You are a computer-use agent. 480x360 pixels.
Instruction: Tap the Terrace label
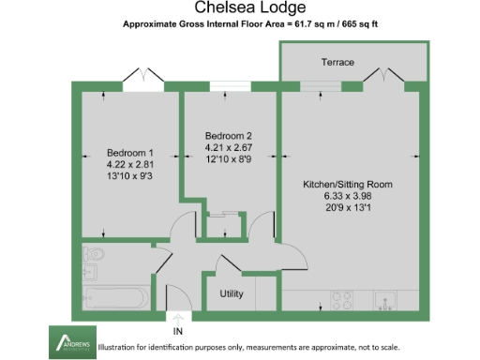[337, 62]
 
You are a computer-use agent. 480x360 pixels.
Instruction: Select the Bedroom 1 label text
[129, 153]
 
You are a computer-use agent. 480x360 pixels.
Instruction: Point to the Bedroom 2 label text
[229, 135]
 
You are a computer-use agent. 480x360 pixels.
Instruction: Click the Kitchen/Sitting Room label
[347, 184]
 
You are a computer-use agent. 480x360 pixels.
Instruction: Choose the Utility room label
[232, 294]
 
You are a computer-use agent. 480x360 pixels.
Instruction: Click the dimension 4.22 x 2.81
[129, 165]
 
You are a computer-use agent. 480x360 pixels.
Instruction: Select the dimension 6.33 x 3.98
[347, 197]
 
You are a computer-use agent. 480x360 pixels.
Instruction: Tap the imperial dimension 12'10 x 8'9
[229, 159]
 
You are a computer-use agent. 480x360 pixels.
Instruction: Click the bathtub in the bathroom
[113, 298]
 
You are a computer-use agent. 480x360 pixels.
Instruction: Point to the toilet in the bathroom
[94, 256]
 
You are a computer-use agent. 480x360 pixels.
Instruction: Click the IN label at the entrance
[178, 331]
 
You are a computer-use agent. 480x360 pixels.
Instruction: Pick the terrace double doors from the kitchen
[383, 75]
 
